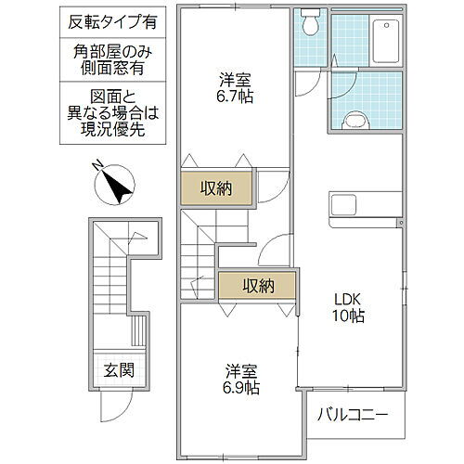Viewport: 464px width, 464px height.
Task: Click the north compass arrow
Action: point(116,185)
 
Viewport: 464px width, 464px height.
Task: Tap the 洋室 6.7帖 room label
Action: point(231,86)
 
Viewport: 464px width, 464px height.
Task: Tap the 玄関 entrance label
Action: point(118,369)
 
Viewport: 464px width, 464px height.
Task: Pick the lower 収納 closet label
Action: point(259,286)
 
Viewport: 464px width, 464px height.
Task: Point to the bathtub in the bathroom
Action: point(381,38)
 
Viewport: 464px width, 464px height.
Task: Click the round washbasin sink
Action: point(353,118)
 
